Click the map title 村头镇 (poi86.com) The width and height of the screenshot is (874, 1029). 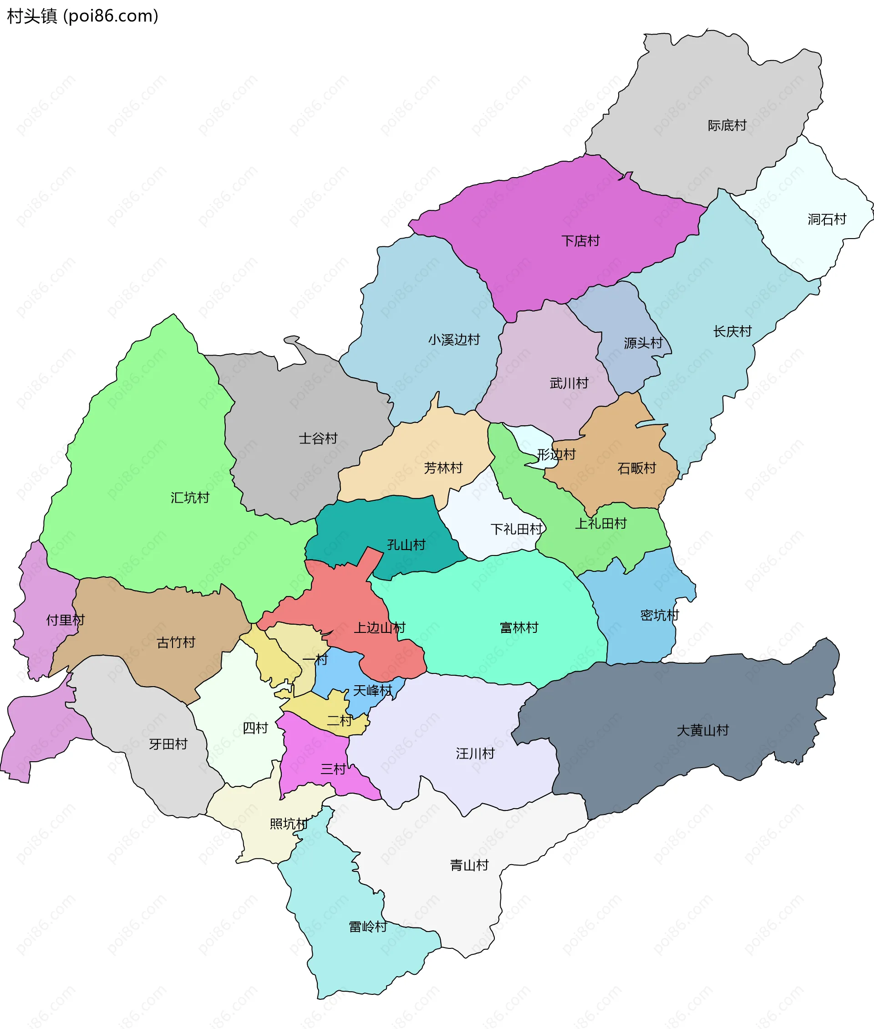pyautogui.click(x=82, y=16)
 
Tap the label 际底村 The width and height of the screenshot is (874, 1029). pyautogui.click(x=727, y=125)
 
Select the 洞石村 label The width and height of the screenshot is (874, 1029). pyautogui.click(x=827, y=219)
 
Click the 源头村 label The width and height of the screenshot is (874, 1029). pyautogui.click(x=643, y=343)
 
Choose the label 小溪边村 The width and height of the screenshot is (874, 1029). pyautogui.click(x=454, y=340)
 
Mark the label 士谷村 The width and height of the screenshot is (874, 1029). pyautogui.click(x=318, y=438)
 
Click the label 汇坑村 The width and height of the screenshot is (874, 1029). pyautogui.click(x=190, y=498)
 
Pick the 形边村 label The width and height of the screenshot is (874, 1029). pyautogui.click(x=556, y=454)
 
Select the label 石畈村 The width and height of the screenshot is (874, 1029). pyautogui.click(x=636, y=469)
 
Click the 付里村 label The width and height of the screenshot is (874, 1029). pyautogui.click(x=65, y=620)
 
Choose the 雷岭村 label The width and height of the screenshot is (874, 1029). pyautogui.click(x=367, y=927)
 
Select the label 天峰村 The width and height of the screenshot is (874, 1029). pyautogui.click(x=372, y=690)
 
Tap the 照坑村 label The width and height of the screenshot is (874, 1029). pyautogui.click(x=288, y=824)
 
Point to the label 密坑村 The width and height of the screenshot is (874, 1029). pyautogui.click(x=659, y=616)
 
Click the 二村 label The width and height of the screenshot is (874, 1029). pyautogui.click(x=339, y=721)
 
